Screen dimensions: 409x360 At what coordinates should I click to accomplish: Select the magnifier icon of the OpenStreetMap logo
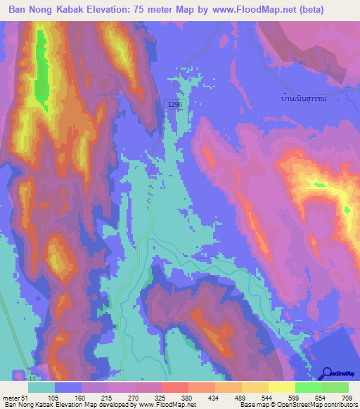pos(326,373)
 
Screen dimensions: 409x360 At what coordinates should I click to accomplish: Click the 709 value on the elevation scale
pos(345,397)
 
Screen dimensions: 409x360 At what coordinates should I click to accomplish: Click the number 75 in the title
pos(160,10)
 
